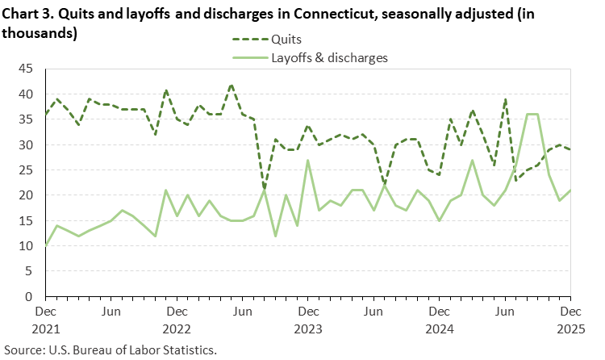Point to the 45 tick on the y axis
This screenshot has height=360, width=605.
point(26,69)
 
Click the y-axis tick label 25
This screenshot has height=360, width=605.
point(26,170)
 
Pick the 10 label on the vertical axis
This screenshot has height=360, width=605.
point(26,246)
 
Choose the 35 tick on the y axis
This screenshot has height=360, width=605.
point(26,120)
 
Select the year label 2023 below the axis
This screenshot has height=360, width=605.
point(308,329)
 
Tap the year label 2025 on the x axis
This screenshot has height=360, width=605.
point(570,329)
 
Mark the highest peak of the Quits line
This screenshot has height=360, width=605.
point(232,85)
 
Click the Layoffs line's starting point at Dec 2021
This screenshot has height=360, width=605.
point(46,245)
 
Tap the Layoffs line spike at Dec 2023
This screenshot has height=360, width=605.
point(308,161)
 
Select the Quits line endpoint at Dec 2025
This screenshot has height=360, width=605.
point(570,150)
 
